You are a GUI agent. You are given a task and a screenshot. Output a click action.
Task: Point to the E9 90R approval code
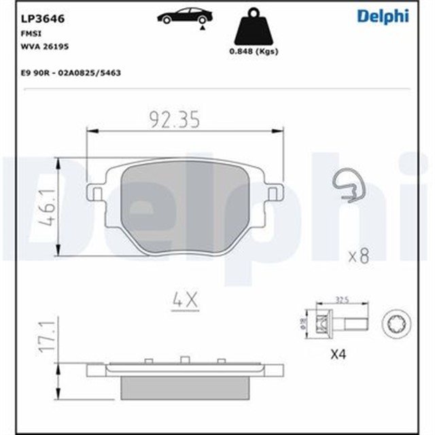(x=75, y=72)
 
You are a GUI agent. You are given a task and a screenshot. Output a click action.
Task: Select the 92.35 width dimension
(x=174, y=120)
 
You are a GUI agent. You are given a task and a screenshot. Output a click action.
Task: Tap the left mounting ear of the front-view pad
(x=96, y=195)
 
